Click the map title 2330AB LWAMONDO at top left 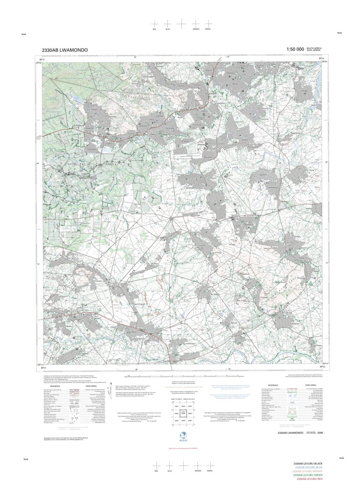(x=65, y=50)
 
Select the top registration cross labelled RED (x=154, y=24)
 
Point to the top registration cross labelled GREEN (x=208, y=24)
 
